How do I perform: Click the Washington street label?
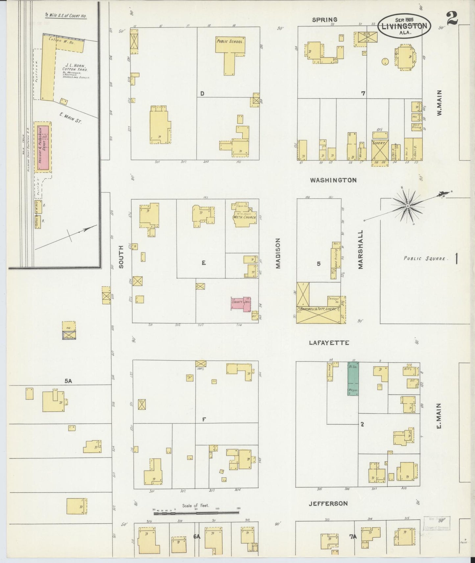coord(333,180)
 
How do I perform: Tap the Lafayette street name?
coord(329,343)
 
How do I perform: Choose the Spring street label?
coord(324,20)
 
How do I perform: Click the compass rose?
coord(407,206)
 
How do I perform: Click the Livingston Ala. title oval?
coord(404,26)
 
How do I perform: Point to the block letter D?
coord(202,94)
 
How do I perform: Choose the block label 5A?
coord(68,381)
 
